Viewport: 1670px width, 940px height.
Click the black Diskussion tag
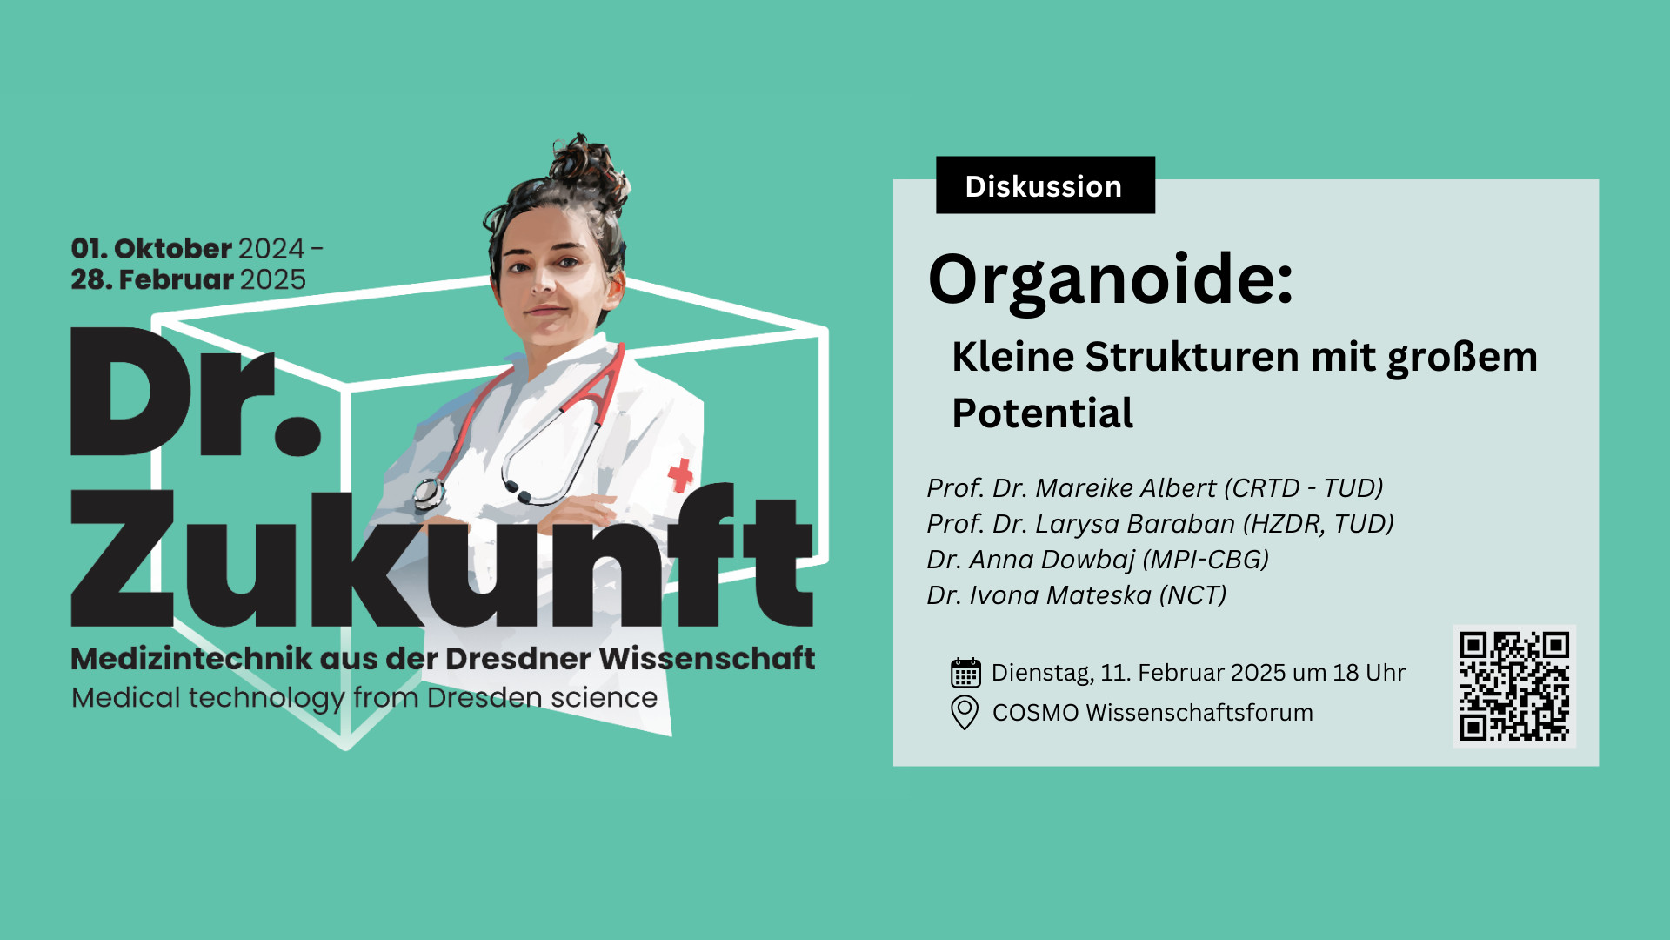pyautogui.click(x=1045, y=185)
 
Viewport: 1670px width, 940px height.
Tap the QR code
pyautogui.click(x=1514, y=686)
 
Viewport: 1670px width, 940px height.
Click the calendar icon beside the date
pyautogui.click(x=965, y=673)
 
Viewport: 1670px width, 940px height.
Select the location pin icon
pyautogui.click(x=965, y=713)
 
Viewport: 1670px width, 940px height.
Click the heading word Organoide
pyautogui.click(x=1111, y=280)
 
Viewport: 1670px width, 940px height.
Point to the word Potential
pyautogui.click(x=1042, y=413)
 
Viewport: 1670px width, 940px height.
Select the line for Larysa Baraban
pyautogui.click(x=1160, y=523)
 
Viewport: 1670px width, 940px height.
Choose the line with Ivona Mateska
pyautogui.click(x=1077, y=594)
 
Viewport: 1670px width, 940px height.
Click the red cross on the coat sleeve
pyautogui.click(x=680, y=475)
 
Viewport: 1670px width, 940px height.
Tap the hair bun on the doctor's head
pyautogui.click(x=590, y=165)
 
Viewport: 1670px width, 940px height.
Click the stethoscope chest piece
pyautogui.click(x=427, y=493)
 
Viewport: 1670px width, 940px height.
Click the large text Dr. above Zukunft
pyautogui.click(x=196, y=391)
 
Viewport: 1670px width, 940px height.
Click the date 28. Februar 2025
pyautogui.click(x=189, y=279)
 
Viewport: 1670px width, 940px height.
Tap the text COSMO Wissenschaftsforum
pyautogui.click(x=1152, y=713)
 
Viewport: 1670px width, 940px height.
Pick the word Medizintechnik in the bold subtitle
pyautogui.click(x=191, y=659)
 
